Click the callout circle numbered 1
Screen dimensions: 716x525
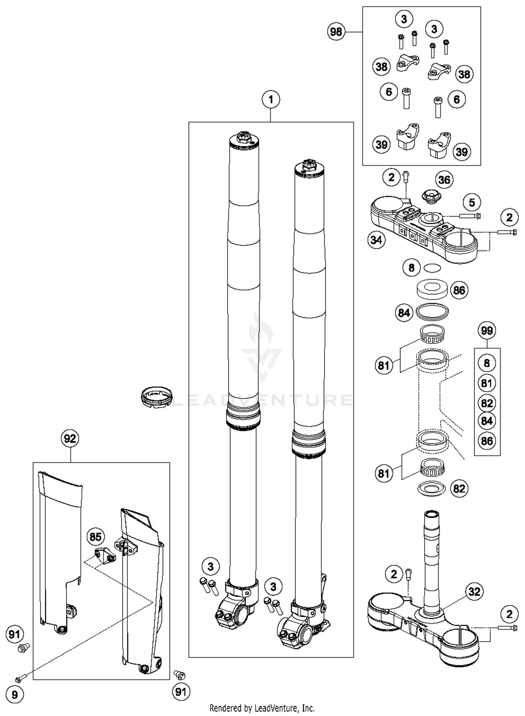(x=271, y=100)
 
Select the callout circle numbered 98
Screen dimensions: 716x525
(x=336, y=32)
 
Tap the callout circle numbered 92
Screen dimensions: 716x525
(x=70, y=438)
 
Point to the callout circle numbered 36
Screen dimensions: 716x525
(x=444, y=180)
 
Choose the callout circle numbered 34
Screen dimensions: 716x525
(x=377, y=240)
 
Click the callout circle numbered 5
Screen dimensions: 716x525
(x=472, y=203)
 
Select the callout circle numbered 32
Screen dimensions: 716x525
(x=474, y=592)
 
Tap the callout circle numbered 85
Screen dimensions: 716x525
(x=96, y=537)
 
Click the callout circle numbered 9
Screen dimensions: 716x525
(x=14, y=694)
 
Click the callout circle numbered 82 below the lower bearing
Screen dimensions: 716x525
(x=459, y=489)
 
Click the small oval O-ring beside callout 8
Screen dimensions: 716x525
(x=432, y=268)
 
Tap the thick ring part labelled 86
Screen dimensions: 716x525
(x=432, y=289)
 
